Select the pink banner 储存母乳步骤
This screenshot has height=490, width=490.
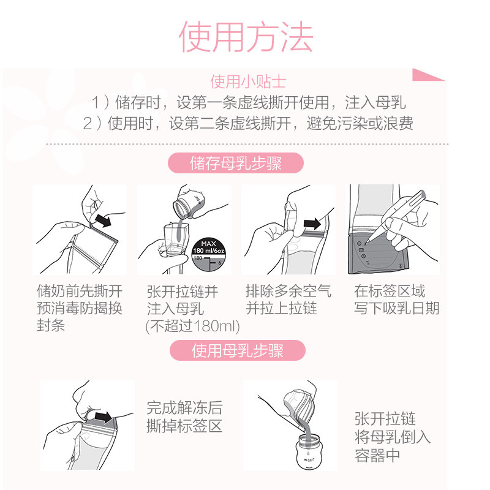(x=236, y=164)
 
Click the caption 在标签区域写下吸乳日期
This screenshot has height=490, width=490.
(x=396, y=300)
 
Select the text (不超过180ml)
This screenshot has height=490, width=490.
(x=192, y=326)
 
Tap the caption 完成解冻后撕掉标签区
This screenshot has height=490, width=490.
(x=184, y=417)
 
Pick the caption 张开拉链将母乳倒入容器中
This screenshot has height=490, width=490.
(x=392, y=437)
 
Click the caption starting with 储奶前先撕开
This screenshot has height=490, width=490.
(x=79, y=307)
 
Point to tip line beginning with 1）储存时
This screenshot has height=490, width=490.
(x=248, y=102)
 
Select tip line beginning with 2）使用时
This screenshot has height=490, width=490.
(x=248, y=123)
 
